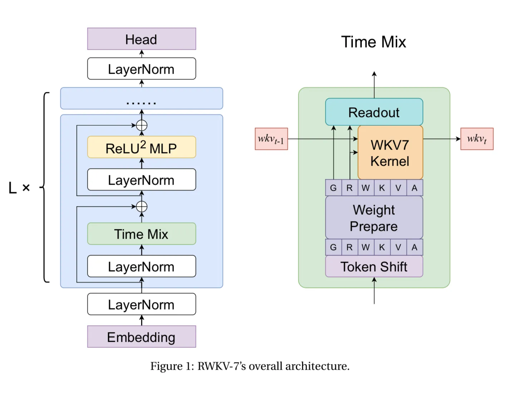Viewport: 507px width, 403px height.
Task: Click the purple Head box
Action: [x=142, y=39]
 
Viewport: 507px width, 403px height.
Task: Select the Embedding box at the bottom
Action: [x=142, y=337]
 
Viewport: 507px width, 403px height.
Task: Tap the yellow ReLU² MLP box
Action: [x=142, y=147]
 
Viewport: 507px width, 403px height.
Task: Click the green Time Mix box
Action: [x=142, y=234]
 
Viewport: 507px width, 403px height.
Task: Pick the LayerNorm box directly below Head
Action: [x=142, y=69]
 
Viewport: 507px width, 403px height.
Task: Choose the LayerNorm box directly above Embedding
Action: [x=142, y=304]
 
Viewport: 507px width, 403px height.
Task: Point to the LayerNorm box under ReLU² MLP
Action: [x=142, y=180]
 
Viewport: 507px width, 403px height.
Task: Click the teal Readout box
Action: [x=374, y=112]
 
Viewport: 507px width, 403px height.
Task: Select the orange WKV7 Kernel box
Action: [x=390, y=153]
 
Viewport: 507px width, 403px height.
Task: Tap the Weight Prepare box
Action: [x=374, y=218]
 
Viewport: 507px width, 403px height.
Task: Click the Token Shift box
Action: [x=374, y=267]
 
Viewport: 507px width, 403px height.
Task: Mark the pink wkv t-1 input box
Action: [x=271, y=139]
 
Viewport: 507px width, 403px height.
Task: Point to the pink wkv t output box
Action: [x=477, y=139]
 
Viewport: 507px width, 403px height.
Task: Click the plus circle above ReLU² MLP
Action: [x=142, y=126]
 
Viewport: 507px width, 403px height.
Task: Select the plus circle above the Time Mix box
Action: [x=142, y=207]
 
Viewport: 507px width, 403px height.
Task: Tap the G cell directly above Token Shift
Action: [x=333, y=247]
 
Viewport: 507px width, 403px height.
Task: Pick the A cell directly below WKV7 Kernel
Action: [x=414, y=188]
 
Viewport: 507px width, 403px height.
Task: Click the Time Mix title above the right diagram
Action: [x=374, y=42]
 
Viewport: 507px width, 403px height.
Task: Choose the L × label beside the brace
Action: [x=19, y=188]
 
